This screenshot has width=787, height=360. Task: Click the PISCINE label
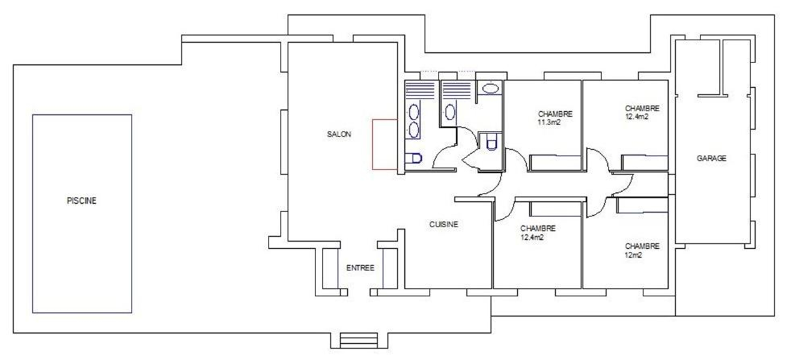(x=81, y=201)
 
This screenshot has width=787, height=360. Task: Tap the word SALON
(x=339, y=134)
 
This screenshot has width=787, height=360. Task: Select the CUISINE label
(x=444, y=225)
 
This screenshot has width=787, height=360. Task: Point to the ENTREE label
(x=360, y=268)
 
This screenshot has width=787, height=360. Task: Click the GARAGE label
(x=711, y=158)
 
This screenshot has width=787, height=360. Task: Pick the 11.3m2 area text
(x=549, y=122)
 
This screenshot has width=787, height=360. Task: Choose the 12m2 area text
(x=634, y=254)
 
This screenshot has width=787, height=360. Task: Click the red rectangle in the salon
(x=385, y=144)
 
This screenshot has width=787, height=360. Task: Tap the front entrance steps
(x=358, y=340)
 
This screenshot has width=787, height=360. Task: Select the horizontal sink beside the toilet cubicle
(x=490, y=89)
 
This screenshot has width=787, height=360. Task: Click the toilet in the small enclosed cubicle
(x=491, y=142)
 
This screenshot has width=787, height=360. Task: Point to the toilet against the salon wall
(x=413, y=159)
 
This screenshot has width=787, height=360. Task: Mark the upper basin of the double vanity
(x=413, y=112)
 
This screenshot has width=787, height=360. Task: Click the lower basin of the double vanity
(x=413, y=130)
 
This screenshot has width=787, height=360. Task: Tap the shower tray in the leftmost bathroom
(x=420, y=89)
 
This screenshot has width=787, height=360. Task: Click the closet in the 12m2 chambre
(x=643, y=205)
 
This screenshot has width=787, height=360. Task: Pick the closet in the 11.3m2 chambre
(x=556, y=163)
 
